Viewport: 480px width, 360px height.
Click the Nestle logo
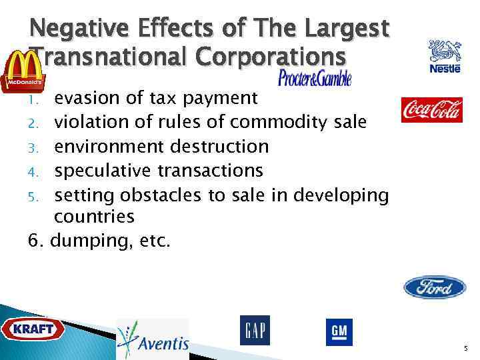pyautogui.click(x=445, y=57)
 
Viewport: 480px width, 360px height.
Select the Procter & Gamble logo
pyautogui.click(x=315, y=78)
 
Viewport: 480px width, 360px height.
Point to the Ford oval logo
pyautogui.click(x=435, y=287)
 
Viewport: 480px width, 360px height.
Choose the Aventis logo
pyautogui.click(x=153, y=339)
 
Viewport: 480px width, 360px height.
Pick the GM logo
pyautogui.click(x=339, y=332)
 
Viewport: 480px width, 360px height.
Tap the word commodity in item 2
pyautogui.click(x=279, y=123)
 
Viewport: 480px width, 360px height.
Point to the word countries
pyautogui.click(x=94, y=217)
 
